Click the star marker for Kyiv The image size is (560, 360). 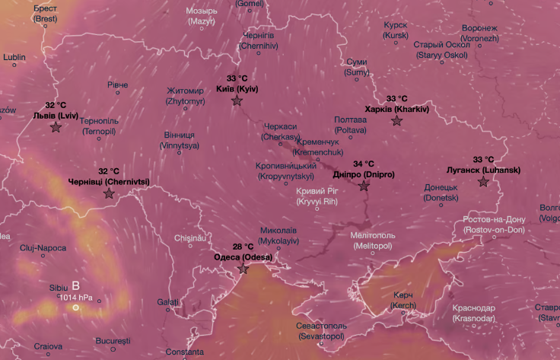pos(237,100)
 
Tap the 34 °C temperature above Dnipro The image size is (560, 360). pos(364,164)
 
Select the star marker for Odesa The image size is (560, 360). pos(243,269)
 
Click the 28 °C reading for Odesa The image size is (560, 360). pos(243,247)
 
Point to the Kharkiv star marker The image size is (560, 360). pos(396,121)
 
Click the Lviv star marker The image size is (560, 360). pos(56,127)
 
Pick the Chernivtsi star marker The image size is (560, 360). pos(108,194)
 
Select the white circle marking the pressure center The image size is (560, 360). pos(75,307)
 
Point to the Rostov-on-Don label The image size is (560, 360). pos(493,225)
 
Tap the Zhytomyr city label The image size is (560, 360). pos(186,95)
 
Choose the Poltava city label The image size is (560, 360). pos(351,125)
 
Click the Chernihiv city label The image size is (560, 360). pos(259,40)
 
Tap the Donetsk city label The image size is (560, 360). pos(441,192)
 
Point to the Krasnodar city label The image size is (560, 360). pos(473,313)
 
